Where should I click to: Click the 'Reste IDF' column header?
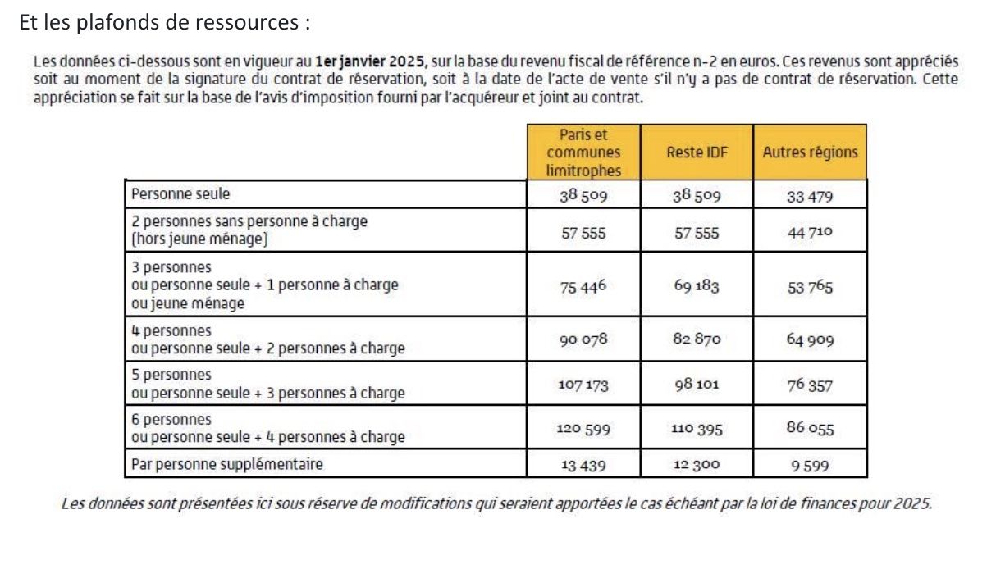697,152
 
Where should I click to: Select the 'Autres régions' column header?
810,152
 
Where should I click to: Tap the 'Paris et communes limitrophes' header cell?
583,152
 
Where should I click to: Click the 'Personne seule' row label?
180,194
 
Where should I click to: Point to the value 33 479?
810,194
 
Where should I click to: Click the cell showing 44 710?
810,231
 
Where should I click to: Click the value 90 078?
583,339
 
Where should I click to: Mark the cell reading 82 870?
697,339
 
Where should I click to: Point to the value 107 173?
583,385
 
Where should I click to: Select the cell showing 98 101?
697,385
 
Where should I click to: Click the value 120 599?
583,429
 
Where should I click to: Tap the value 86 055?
810,428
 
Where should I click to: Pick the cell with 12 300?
697,465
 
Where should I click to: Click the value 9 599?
810,465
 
